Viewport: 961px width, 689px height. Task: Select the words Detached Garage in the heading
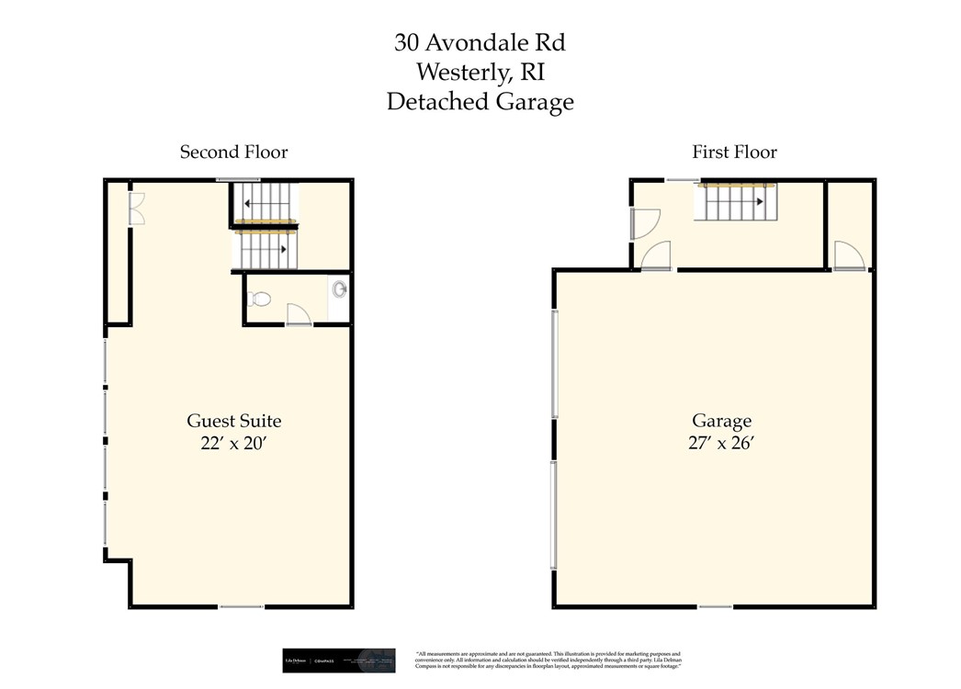pyautogui.click(x=480, y=101)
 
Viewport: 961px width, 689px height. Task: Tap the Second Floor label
pyautogui.click(x=233, y=152)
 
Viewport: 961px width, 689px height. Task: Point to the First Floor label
pyautogui.click(x=734, y=152)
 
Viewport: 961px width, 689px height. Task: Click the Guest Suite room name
pyautogui.click(x=233, y=421)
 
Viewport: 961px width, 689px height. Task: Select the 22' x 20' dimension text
pyautogui.click(x=233, y=444)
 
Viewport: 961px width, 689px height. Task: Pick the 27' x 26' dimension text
pyautogui.click(x=721, y=444)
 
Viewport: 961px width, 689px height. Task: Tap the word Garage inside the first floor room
pyautogui.click(x=721, y=421)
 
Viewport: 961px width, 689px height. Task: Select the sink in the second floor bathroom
pyautogui.click(x=340, y=290)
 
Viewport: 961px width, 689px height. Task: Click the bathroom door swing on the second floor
pyautogui.click(x=299, y=315)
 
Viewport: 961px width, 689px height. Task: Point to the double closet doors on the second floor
pyautogui.click(x=136, y=209)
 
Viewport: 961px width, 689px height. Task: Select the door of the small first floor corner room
pyautogui.click(x=847, y=255)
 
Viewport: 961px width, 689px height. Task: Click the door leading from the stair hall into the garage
pyautogui.click(x=656, y=256)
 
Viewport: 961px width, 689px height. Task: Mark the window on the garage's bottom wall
pyautogui.click(x=715, y=606)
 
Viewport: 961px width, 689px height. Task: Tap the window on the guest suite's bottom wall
pyautogui.click(x=241, y=606)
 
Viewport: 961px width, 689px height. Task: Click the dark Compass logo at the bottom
pyautogui.click(x=338, y=661)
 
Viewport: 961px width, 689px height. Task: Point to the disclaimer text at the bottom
pyautogui.click(x=548, y=661)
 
